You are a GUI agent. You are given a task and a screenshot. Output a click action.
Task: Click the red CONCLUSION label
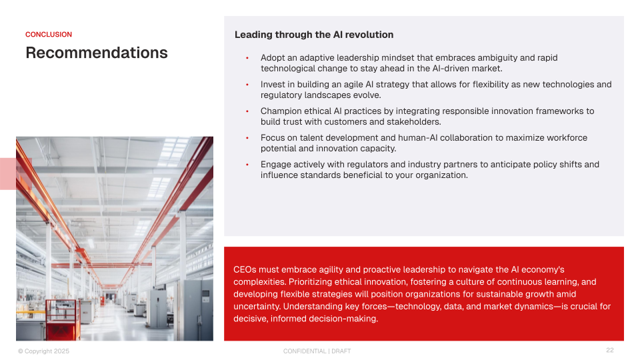coord(49,35)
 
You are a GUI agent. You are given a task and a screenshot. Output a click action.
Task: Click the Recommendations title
coord(97,53)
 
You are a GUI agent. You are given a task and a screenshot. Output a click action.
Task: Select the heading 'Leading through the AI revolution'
coord(314,35)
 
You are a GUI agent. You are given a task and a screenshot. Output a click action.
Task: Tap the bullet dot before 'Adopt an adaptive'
coord(247,58)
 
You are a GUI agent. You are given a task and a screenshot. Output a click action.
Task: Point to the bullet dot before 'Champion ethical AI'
coord(247,111)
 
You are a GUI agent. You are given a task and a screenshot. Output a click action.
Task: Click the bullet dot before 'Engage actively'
coord(247,165)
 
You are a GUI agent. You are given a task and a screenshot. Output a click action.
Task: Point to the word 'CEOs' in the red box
coord(245,270)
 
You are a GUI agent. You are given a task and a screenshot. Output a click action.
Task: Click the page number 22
coord(610,350)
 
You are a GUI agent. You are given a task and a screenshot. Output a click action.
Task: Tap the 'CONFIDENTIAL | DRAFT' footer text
coord(317,351)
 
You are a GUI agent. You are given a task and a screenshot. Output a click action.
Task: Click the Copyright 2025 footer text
coord(44,351)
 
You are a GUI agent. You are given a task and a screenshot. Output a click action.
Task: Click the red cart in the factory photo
coord(63,320)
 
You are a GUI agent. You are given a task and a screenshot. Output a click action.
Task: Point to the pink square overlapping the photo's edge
coord(15,174)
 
